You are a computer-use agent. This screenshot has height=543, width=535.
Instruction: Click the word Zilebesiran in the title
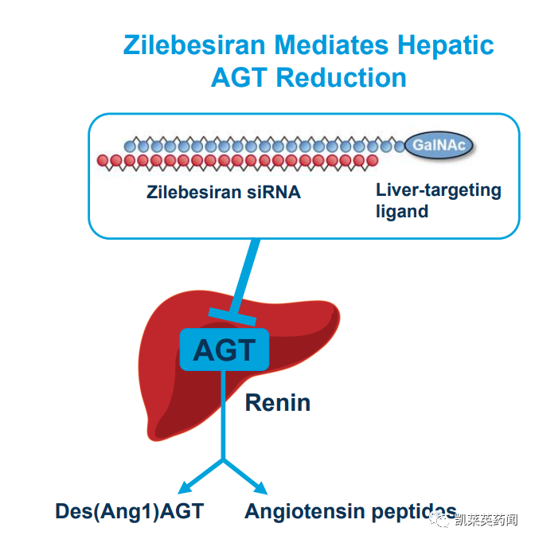coord(194,45)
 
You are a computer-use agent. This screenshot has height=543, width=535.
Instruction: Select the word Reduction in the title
coord(341,77)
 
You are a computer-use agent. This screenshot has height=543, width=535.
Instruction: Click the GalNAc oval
coord(439,145)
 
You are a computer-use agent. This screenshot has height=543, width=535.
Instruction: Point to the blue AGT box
coord(225,350)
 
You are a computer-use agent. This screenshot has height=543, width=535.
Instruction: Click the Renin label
coord(278,403)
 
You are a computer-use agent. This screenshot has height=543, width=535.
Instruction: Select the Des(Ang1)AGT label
coord(130,511)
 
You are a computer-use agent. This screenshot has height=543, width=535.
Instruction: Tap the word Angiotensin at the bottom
coord(304,512)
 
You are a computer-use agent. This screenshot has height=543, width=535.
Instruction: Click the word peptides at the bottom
coord(414,513)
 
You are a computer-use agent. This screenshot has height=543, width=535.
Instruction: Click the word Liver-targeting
coord(439,191)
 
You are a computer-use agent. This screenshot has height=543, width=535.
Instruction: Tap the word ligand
coord(402,212)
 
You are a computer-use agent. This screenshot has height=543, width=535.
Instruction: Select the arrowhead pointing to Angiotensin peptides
coord(261,488)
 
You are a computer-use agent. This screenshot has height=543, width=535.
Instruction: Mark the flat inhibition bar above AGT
coord(232,317)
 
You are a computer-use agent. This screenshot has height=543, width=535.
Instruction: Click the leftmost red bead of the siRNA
coord(103,160)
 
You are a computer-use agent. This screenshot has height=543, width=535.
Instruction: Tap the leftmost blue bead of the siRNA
coord(130,146)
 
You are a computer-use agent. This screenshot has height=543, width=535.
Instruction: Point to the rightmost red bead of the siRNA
coord(373,160)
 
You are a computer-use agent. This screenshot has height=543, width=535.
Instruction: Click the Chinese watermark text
coord(486,519)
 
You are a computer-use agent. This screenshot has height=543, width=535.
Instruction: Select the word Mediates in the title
coord(331,45)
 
